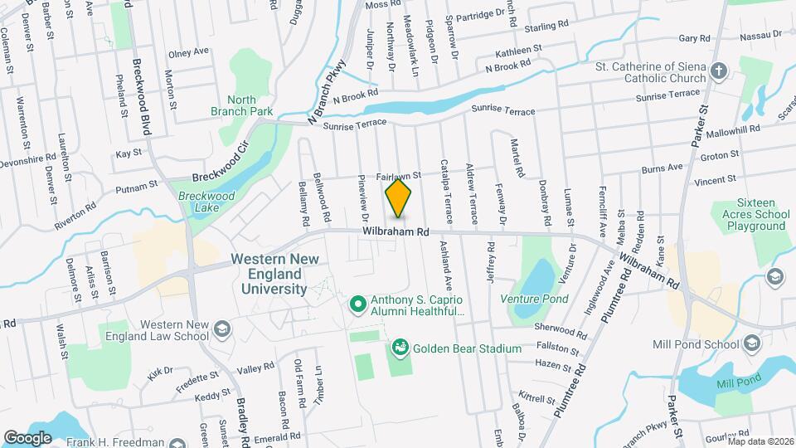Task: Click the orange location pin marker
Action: (x=399, y=198)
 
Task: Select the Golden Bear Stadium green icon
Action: (x=400, y=346)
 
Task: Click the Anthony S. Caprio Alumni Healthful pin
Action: (x=358, y=304)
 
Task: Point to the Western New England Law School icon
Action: (x=222, y=330)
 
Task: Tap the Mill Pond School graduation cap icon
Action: (x=751, y=343)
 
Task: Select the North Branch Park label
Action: (x=250, y=105)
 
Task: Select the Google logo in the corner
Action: (x=27, y=437)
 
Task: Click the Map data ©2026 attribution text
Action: (x=760, y=441)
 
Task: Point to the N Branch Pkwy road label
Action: (x=325, y=97)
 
